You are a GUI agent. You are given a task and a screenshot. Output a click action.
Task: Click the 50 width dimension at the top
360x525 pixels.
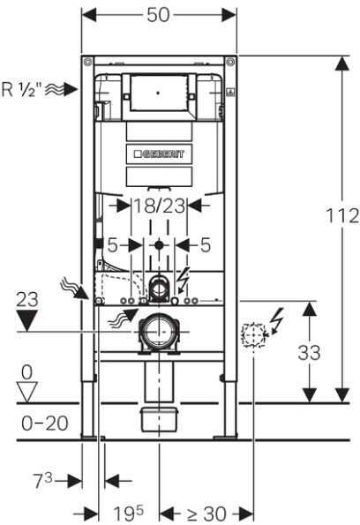coord(158,15)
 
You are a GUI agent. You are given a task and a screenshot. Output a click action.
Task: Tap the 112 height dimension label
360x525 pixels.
coord(342,215)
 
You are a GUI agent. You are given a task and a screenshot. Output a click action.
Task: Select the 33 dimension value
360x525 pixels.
coord(309,353)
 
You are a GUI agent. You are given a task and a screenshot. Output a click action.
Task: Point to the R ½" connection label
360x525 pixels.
coord(22,89)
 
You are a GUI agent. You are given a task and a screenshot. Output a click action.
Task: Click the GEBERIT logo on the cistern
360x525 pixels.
coord(159,154)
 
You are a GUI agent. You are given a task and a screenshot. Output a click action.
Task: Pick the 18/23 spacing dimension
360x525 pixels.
coord(159,206)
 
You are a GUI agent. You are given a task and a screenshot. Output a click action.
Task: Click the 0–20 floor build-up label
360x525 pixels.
coord(44,424)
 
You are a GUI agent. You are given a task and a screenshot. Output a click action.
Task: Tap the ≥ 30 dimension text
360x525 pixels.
coord(206,513)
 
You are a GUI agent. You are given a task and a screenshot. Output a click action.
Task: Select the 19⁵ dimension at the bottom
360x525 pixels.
coord(128,513)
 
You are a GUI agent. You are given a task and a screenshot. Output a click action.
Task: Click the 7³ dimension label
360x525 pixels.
coord(43,480)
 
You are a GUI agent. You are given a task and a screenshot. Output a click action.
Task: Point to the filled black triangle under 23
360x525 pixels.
coord(27,320)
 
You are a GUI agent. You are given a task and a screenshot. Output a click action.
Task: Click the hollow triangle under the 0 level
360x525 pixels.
coord(27,393)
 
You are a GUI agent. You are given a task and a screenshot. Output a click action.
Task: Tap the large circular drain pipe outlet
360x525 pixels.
coord(159,332)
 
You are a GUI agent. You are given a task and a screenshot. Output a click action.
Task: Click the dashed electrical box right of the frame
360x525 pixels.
coord(253,334)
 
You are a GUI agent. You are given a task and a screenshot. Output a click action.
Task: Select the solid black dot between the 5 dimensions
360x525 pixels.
coord(159,245)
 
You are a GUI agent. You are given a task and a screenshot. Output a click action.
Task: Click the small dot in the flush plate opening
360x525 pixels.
coord(159,93)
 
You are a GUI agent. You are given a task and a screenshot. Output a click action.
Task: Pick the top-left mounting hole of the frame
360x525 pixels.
coord(87,62)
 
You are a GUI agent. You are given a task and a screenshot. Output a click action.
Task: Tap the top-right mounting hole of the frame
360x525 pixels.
coord(230,62)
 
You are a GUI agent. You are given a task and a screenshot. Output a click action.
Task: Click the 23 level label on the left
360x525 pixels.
coord(27,300)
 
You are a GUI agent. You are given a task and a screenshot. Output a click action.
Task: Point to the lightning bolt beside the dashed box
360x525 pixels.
coord(278,321)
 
